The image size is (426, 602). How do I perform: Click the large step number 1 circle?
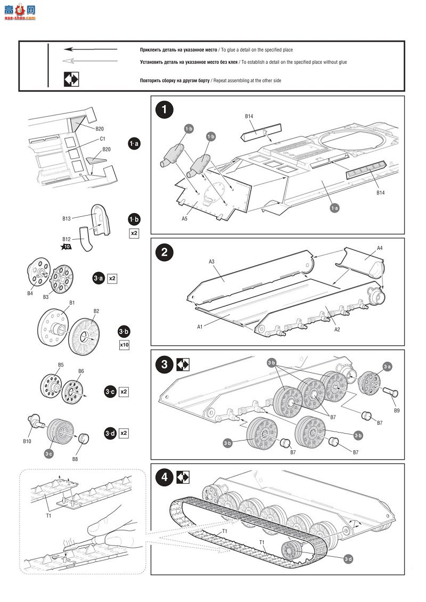click(x=164, y=110)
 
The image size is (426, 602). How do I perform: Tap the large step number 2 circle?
click(x=164, y=253)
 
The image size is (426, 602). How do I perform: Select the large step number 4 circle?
click(x=164, y=478)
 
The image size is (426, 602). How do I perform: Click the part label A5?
click(x=184, y=218)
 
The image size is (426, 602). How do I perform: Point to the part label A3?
click(x=211, y=262)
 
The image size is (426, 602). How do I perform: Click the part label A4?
click(x=380, y=248)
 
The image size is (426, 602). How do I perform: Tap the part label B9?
click(x=397, y=411)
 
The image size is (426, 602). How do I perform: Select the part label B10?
click(x=27, y=441)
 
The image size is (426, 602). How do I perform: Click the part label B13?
click(x=67, y=218)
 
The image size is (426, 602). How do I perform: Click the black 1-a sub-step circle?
click(x=134, y=144)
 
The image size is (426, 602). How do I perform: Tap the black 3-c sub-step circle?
click(x=110, y=392)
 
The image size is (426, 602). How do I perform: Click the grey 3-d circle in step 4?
click(x=348, y=558)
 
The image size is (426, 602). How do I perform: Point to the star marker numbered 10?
click(x=67, y=247)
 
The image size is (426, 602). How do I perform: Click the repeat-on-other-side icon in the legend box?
click(x=71, y=80)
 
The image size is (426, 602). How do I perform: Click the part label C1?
click(x=103, y=139)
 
